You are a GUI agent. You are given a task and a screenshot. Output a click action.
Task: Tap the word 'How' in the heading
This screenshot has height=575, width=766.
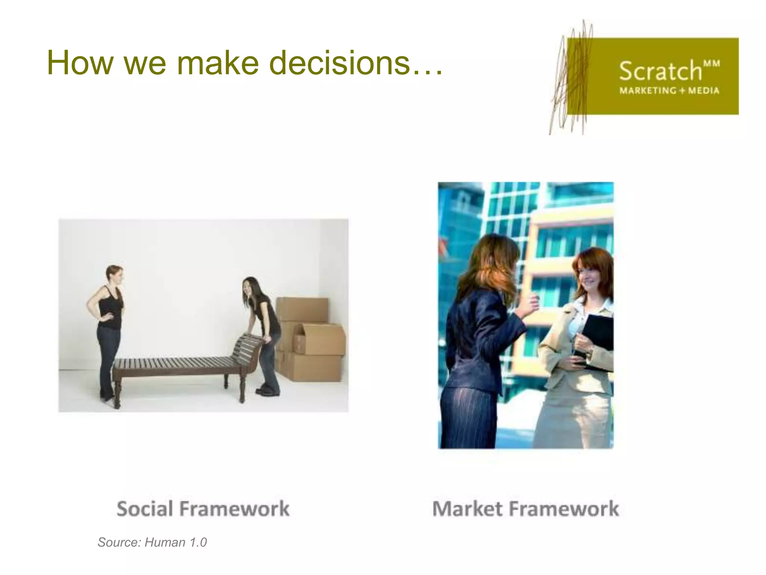(79, 63)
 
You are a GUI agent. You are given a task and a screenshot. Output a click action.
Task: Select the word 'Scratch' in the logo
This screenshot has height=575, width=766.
(660, 71)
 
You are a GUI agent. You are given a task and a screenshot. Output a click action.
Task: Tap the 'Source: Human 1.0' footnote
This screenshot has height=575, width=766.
(152, 542)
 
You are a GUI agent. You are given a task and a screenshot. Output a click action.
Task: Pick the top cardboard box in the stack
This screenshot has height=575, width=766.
(302, 309)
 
